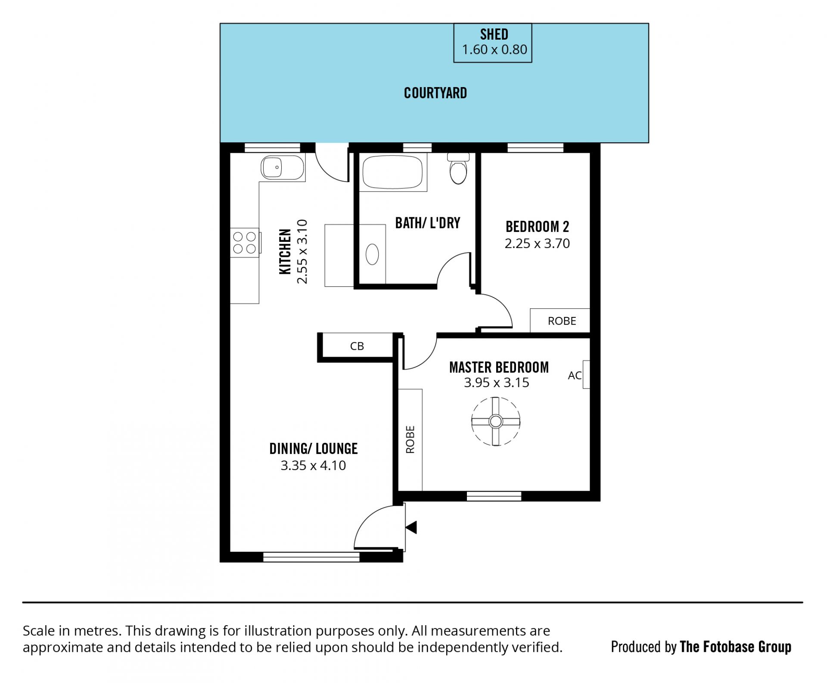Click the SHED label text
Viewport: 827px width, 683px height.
[494, 34]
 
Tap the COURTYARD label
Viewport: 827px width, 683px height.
[435, 93]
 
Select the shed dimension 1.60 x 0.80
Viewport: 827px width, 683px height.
[494, 50]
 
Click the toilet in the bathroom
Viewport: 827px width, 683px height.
[458, 169]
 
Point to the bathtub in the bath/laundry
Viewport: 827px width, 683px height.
[392, 172]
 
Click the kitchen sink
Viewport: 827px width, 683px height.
[282, 167]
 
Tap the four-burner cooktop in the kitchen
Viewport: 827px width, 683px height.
[245, 242]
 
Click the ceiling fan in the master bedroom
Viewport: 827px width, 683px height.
[495, 421]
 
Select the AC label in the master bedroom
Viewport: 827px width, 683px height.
[575, 376]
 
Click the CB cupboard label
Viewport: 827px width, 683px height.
[357, 346]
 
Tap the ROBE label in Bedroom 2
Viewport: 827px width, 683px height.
[562, 321]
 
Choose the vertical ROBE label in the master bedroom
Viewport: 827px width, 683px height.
[410, 439]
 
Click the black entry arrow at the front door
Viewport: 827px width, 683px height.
[411, 527]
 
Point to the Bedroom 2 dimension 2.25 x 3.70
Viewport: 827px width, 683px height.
[537, 244]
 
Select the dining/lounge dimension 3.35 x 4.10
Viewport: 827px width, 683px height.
[313, 466]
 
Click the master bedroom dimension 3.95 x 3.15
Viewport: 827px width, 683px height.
[496, 383]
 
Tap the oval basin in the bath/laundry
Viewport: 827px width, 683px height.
[372, 254]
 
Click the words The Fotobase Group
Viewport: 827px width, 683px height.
[735, 647]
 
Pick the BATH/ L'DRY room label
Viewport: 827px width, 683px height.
[428, 223]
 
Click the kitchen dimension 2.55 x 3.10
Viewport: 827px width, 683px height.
[302, 251]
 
